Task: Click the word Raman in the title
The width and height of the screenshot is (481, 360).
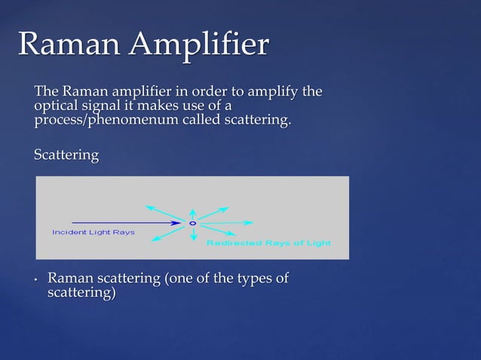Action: point(69,44)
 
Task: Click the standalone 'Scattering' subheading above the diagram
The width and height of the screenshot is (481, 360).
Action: point(66,155)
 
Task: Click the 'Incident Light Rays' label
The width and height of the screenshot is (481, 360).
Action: point(93,232)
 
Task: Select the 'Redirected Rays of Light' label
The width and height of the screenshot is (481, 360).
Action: point(268,243)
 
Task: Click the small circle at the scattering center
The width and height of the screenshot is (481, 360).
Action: point(192,223)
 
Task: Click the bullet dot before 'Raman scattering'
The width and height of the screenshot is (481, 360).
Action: point(35,280)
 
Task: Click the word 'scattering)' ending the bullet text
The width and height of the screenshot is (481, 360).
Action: point(81,292)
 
